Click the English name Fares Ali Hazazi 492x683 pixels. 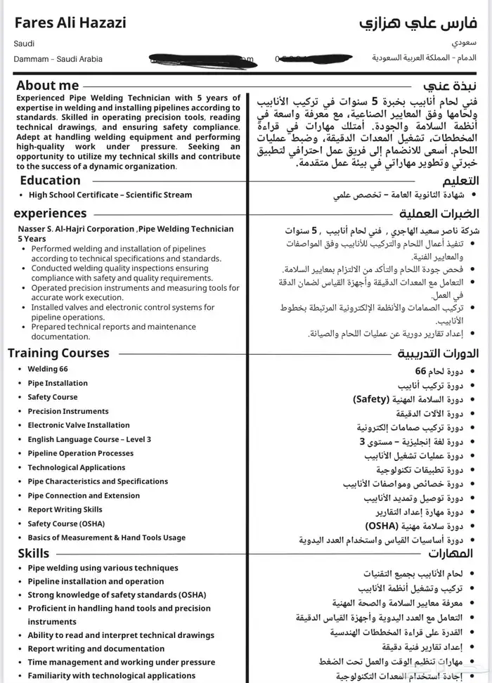(x=70, y=23)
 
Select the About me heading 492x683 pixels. (x=48, y=86)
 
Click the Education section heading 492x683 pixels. (x=50, y=181)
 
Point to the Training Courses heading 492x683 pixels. (x=58, y=353)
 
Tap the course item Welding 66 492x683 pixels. (x=48, y=369)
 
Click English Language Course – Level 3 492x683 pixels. (x=89, y=439)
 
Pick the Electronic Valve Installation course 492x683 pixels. (x=79, y=425)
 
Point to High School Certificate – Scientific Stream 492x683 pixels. (x=110, y=195)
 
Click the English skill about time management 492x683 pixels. (x=122, y=662)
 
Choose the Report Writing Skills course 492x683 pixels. (x=65, y=509)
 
